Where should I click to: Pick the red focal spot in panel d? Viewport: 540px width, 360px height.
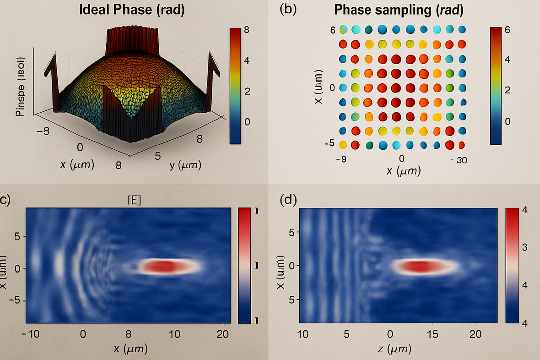(x=421, y=266)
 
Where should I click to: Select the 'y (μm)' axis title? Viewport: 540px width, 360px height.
(x=185, y=164)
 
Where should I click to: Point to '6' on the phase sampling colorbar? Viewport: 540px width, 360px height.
(x=507, y=30)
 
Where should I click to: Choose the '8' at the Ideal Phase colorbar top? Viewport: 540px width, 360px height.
(x=247, y=30)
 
